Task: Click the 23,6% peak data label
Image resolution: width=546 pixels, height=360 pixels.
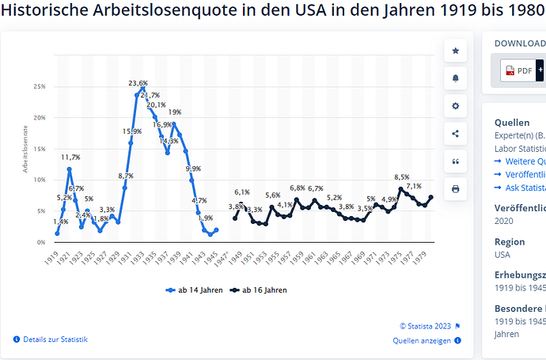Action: tap(138, 83)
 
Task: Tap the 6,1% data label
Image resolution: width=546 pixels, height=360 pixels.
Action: tap(242, 192)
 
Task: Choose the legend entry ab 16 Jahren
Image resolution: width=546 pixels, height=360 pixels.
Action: tap(261, 290)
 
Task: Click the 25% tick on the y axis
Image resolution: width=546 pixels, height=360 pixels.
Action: tap(39, 87)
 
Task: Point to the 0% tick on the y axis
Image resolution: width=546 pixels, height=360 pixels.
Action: tap(40, 241)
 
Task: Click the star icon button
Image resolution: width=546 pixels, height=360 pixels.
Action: tap(455, 51)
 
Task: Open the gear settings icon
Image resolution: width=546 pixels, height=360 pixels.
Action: tap(455, 105)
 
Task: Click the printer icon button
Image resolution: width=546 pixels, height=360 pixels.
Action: tap(455, 189)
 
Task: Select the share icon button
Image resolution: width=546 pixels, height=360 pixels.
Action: tap(455, 133)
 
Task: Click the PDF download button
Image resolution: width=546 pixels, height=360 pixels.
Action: tap(519, 70)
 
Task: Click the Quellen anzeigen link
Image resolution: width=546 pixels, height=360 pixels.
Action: tap(422, 340)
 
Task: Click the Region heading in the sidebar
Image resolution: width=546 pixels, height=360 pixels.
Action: tap(510, 242)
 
